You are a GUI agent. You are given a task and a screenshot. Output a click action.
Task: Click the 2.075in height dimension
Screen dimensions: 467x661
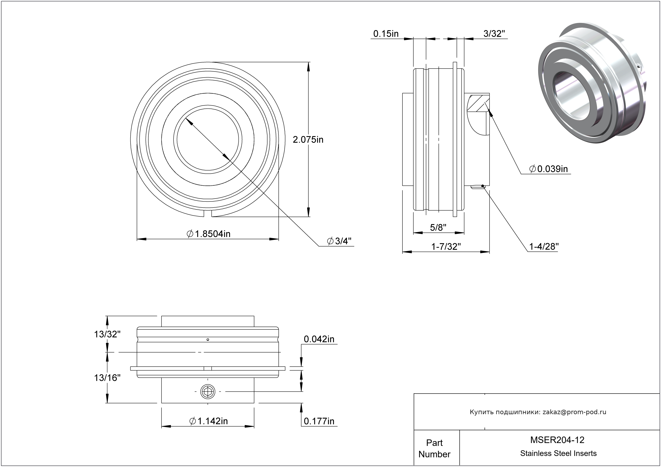(308, 140)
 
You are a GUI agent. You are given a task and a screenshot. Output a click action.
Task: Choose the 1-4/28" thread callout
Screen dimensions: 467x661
(544, 246)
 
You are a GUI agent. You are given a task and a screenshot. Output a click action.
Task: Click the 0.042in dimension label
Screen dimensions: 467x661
(319, 339)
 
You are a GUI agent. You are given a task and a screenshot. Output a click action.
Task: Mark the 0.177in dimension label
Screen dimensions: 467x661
(319, 421)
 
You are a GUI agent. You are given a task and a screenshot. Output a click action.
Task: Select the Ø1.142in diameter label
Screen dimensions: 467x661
(209, 421)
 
